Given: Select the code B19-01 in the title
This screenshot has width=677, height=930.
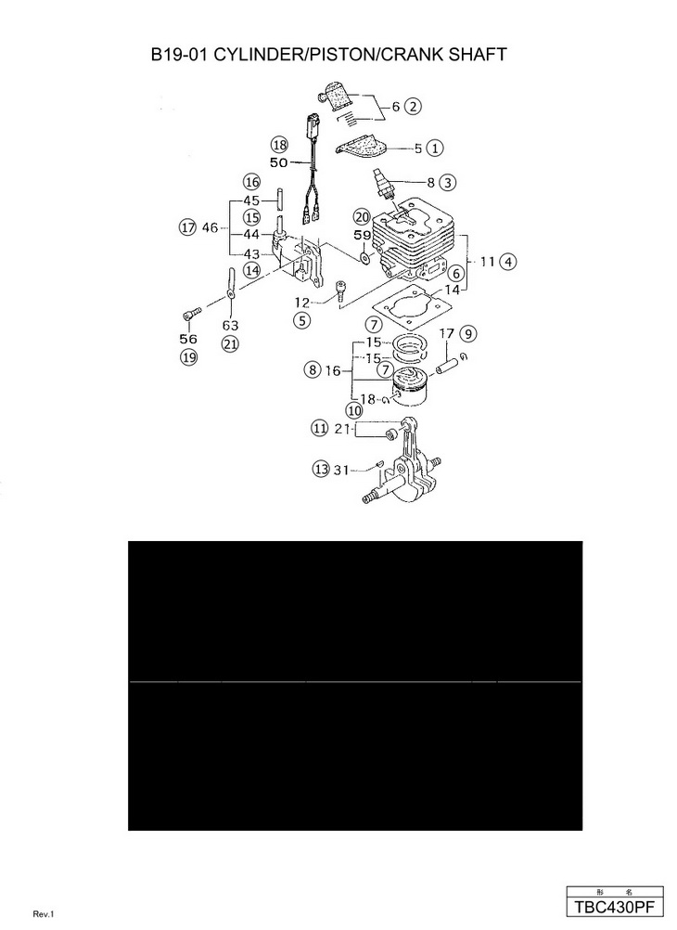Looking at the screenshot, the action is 180,56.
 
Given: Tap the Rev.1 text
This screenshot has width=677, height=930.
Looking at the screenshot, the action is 45,914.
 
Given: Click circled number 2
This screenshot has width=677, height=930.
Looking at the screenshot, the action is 414,106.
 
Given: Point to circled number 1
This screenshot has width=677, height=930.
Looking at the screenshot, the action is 435,147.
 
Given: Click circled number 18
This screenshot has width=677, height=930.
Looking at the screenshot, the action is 279,144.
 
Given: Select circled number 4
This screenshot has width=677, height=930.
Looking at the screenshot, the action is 508,262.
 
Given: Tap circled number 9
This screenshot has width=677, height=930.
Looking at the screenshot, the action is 468,332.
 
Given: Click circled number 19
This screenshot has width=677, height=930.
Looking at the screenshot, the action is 189,359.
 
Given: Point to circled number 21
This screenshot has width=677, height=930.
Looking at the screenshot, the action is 230,344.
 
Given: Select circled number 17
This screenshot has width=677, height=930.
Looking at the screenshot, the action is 187,226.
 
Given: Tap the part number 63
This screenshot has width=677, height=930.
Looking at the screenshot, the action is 230,325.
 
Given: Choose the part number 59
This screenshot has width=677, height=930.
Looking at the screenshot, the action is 363,236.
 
